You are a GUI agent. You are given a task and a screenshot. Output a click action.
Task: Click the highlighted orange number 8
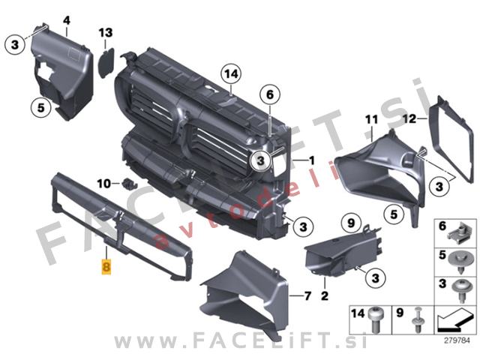106,267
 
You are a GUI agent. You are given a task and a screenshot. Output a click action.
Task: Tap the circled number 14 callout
231,74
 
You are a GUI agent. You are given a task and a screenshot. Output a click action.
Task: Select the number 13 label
106,32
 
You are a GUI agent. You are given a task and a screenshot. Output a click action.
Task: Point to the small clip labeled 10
130,184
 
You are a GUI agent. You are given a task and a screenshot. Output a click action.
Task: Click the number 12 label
410,118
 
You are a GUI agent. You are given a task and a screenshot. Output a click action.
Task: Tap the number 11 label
372,119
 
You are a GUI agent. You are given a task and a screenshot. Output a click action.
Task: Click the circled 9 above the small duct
351,223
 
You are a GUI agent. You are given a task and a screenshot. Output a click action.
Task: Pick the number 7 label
307,295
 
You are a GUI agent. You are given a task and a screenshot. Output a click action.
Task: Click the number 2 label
325,295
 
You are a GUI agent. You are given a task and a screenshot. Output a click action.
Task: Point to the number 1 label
312,160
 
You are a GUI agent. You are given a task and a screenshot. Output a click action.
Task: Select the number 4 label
67,20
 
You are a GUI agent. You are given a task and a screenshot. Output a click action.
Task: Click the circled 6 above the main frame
270,94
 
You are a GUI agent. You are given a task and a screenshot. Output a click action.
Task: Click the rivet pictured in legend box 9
418,320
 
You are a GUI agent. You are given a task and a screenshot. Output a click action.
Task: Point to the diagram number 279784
457,340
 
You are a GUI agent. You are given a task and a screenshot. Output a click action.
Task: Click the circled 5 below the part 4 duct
41,108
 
